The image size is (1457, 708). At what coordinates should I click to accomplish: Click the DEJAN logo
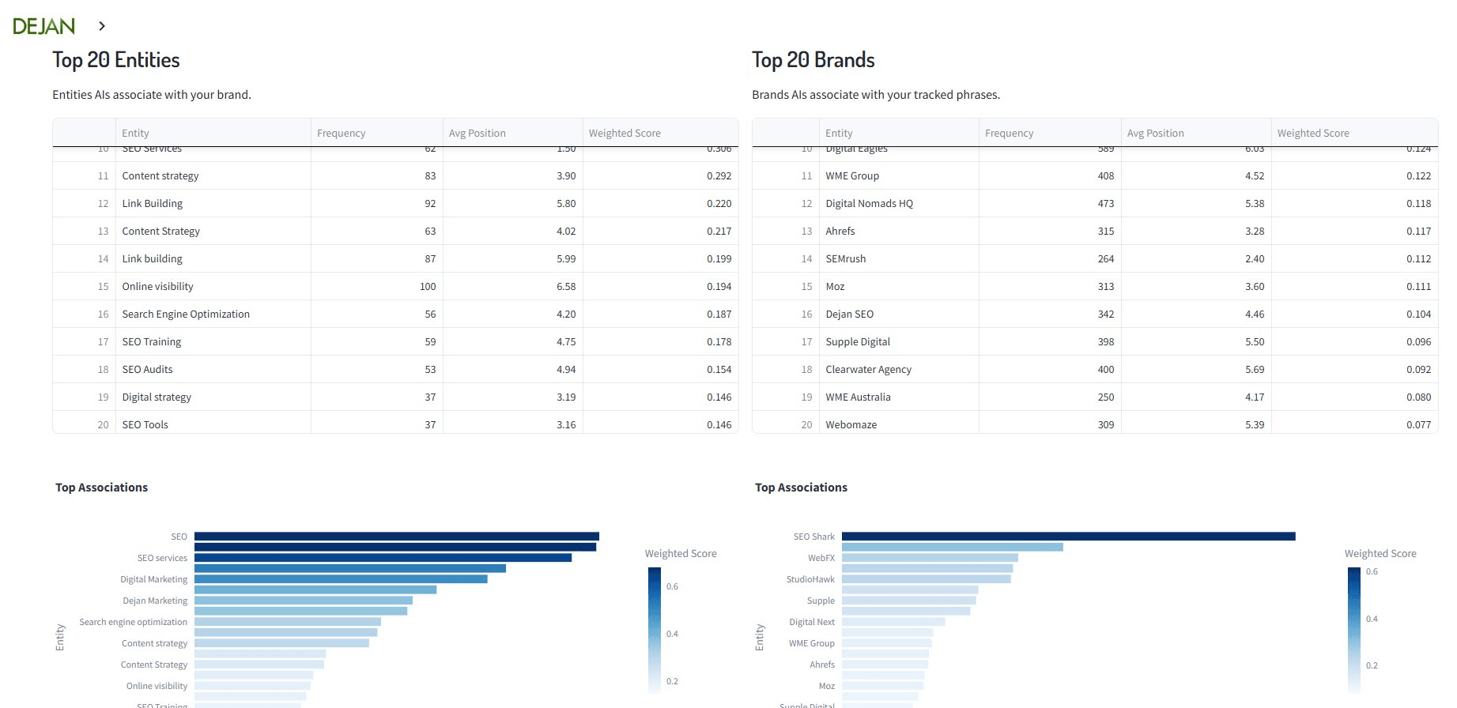coord(43,26)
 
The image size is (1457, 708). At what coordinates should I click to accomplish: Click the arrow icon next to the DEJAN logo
coord(102,26)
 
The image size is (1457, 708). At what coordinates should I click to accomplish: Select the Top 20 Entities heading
coord(116,60)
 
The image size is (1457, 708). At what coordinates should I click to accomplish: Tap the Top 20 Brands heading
coord(813,60)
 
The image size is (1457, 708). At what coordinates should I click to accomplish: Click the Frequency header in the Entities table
coord(341,133)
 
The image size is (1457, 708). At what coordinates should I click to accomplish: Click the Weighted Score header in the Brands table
coord(1312,133)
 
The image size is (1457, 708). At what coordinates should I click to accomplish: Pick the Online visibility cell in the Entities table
coord(157,286)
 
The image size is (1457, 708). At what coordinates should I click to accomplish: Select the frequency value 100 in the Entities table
coord(428,286)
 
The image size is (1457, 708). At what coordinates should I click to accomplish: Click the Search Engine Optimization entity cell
coord(186,314)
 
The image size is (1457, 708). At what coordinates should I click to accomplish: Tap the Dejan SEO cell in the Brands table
coord(849,314)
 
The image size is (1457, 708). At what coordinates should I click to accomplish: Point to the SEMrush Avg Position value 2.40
coord(1254,258)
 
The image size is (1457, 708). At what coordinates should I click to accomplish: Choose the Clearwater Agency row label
coord(868,369)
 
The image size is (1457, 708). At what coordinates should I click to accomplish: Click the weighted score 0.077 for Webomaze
coord(1418,424)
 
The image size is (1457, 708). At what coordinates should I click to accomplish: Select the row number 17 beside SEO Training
coord(103,341)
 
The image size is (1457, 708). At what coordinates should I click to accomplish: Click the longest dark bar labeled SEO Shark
coord(1067,537)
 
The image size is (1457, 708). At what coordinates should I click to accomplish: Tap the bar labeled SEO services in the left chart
coord(383,558)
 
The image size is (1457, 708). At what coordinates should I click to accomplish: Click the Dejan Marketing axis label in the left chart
coord(155,601)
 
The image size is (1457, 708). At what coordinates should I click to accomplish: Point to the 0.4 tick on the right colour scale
coord(1372,619)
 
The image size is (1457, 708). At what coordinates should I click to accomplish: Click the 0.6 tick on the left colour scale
coord(672,586)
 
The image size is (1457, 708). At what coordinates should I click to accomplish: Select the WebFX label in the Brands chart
coord(821,558)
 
